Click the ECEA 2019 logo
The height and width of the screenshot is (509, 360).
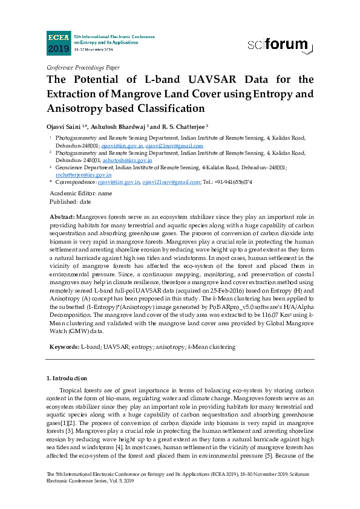pos(59,43)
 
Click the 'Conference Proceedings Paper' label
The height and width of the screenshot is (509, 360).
pos(83,68)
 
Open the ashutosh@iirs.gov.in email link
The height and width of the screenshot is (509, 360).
pos(134,160)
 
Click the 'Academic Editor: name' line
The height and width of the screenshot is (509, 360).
pos(80,193)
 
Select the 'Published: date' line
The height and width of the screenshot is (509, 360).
pos(70,201)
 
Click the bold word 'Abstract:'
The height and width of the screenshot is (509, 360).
pos(62,216)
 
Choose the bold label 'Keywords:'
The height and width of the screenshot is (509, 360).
pos(64,347)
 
